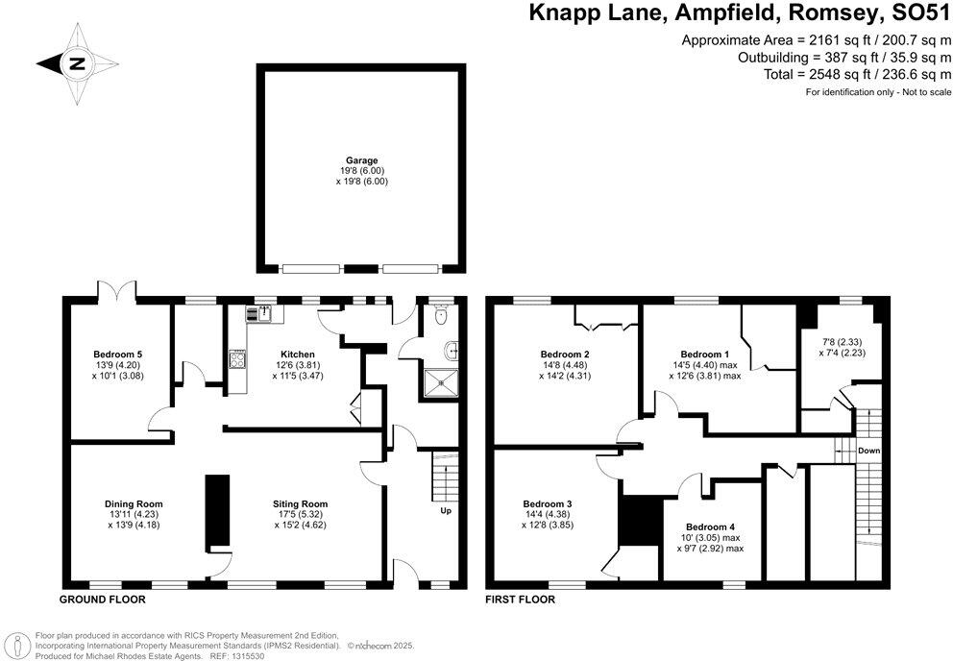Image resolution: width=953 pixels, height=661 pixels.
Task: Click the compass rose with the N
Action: (x=75, y=65)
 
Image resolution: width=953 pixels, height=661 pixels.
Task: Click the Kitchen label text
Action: (x=298, y=355)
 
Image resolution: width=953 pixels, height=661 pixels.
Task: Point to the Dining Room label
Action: (x=134, y=503)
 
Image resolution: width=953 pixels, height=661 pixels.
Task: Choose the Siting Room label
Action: (x=300, y=503)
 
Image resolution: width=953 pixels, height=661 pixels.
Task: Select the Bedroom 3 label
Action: (x=548, y=503)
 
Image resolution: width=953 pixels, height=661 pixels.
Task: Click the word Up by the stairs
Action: (x=445, y=510)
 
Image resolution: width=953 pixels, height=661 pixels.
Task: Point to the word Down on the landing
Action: (x=868, y=450)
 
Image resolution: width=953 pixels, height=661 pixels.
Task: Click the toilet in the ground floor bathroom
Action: (x=441, y=314)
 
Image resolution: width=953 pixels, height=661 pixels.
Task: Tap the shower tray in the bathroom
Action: (x=438, y=383)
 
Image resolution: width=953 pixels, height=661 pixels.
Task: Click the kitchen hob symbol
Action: (x=236, y=359)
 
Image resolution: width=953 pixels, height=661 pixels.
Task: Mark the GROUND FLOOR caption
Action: (x=104, y=599)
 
